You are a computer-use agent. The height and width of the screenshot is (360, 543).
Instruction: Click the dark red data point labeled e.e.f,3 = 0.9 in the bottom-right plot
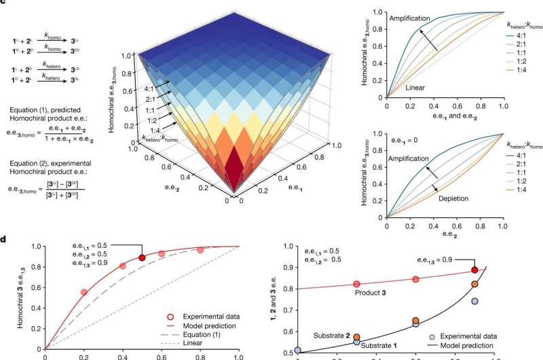point(475,270)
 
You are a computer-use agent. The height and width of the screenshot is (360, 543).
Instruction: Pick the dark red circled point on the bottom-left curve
point(142,258)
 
